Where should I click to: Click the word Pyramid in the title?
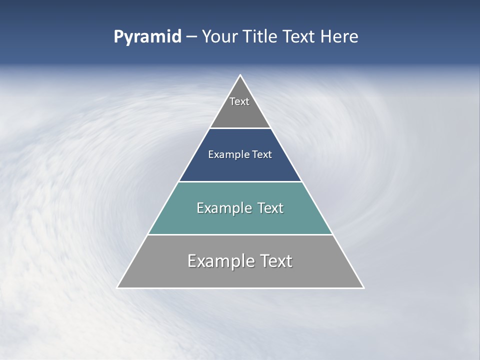(147, 37)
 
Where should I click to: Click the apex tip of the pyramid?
(240, 76)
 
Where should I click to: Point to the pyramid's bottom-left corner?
(118, 287)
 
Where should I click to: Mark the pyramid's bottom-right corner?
(362, 287)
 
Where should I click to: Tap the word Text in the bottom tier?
(275, 261)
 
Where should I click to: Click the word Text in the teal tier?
(270, 208)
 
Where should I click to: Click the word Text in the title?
(299, 36)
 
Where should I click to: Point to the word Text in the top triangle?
(239, 101)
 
